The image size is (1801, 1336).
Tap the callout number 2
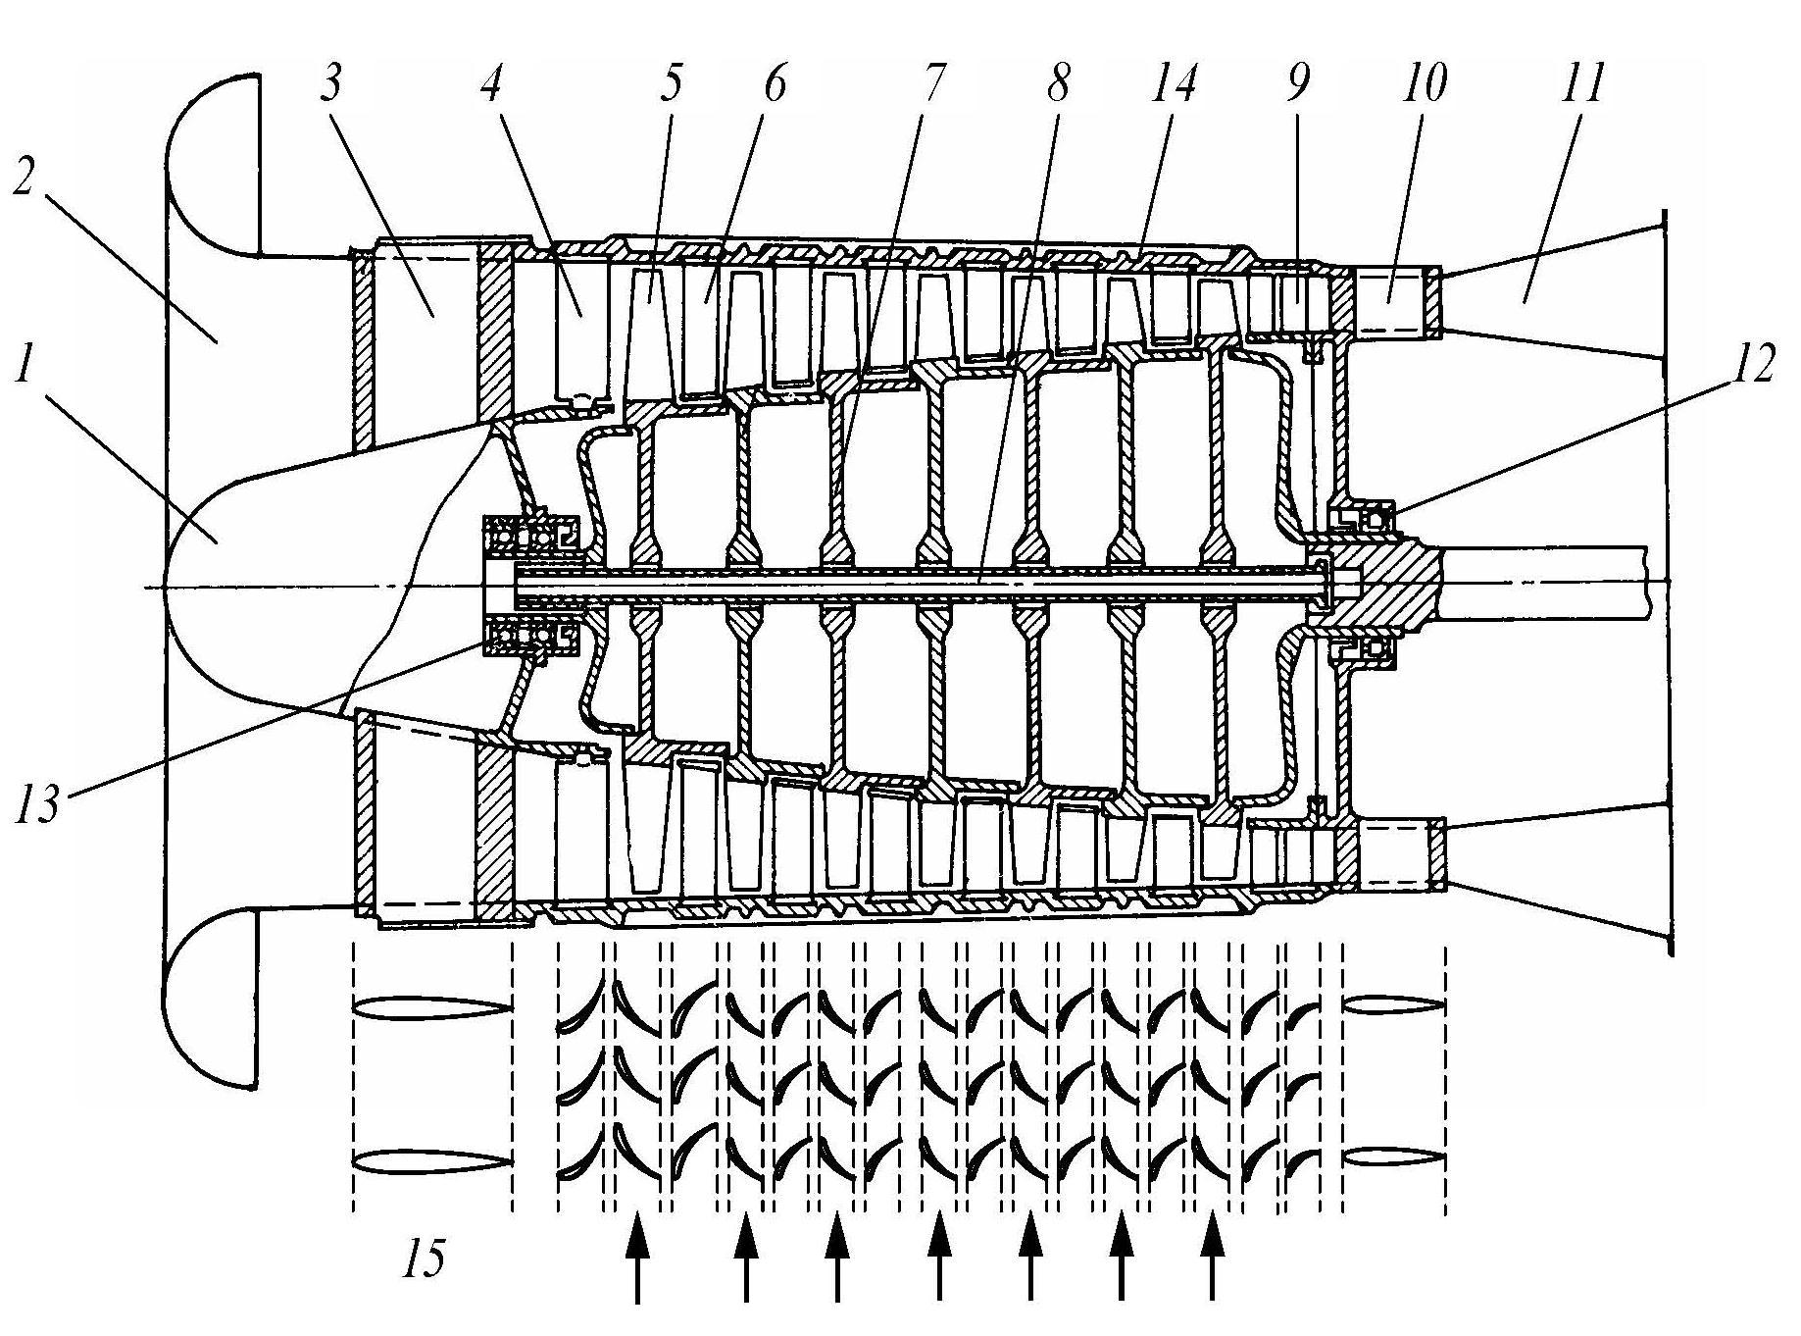[26, 172]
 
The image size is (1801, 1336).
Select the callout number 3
[330, 84]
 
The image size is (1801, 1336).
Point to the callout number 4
[491, 84]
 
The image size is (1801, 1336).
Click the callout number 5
[670, 84]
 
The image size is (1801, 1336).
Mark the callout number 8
[1057, 84]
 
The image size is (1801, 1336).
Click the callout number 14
[1173, 84]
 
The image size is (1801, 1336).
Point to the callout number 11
[1580, 84]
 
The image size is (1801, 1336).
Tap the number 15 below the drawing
[424, 1259]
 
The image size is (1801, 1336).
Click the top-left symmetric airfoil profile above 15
[432, 1008]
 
